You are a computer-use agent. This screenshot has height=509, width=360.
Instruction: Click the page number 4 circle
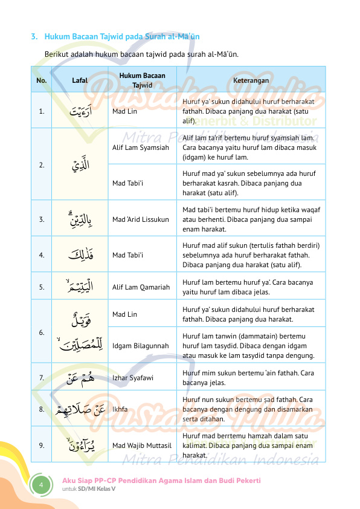(x=42, y=485)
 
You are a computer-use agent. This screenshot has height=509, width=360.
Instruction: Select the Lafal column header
(x=80, y=80)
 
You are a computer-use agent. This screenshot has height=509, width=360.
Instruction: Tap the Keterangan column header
(x=251, y=80)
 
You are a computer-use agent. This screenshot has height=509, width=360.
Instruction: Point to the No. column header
(x=42, y=80)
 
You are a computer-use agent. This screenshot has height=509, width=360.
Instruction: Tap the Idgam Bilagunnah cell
(x=141, y=345)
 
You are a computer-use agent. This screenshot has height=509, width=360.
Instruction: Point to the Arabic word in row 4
(x=80, y=254)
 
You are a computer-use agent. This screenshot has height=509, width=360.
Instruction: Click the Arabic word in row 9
(x=80, y=445)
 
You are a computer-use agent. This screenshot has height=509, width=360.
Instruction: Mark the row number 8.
(x=41, y=409)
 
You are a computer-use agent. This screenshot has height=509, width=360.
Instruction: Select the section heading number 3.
(x=34, y=37)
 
